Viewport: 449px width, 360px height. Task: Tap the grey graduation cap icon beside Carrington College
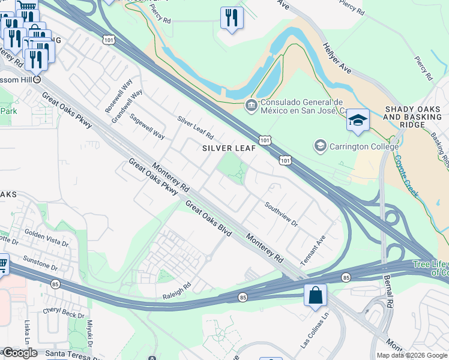click(320, 146)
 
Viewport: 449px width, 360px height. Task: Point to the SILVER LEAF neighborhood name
click(229, 148)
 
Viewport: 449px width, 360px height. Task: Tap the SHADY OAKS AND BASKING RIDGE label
click(413, 117)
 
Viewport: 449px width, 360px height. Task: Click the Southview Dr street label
click(281, 214)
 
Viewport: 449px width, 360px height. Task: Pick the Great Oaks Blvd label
click(208, 218)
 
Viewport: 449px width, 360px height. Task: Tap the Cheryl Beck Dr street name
click(63, 314)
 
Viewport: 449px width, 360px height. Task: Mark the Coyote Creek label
click(406, 177)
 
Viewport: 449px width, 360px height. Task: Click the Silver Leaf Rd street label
click(195, 128)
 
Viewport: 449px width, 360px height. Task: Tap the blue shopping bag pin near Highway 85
click(315, 296)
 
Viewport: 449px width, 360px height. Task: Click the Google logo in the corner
click(20, 352)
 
